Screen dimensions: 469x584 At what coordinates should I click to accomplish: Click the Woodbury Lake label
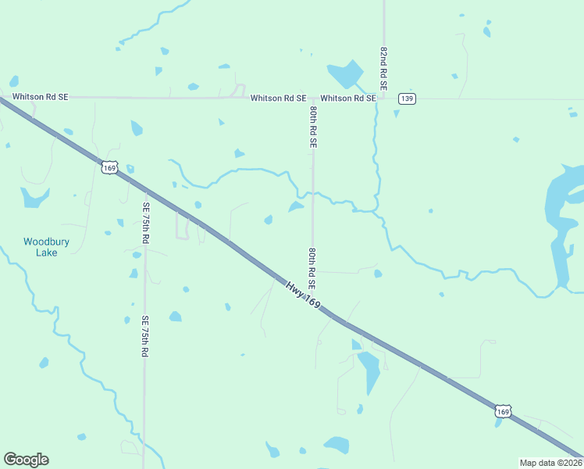46,247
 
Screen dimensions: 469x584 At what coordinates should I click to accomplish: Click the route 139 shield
407,98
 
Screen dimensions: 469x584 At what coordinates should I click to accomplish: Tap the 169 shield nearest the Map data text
503,411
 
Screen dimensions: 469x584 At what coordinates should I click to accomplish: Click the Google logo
26,460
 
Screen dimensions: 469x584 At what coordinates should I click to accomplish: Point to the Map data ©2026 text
550,462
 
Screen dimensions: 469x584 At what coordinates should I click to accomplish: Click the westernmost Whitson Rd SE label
40,97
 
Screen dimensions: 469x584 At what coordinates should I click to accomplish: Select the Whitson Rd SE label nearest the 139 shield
348,98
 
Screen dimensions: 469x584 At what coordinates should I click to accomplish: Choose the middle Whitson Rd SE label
278,98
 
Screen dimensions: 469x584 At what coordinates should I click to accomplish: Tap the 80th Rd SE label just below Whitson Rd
312,127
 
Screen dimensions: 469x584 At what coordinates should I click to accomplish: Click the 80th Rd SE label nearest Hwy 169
312,269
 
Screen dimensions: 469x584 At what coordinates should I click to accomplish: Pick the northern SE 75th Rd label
145,222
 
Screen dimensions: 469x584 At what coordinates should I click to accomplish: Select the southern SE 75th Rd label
144,336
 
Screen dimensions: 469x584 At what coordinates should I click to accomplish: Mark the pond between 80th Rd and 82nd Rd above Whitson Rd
345,74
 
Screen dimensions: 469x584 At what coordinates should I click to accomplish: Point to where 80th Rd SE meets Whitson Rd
312,98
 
